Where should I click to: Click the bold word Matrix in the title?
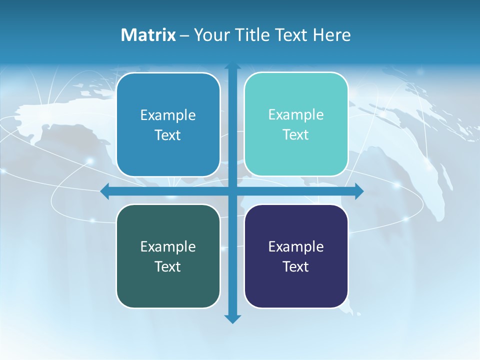(x=148, y=35)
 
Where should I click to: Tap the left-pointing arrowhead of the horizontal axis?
(x=105, y=191)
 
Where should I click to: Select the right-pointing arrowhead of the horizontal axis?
(x=359, y=191)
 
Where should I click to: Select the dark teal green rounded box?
(x=168, y=285)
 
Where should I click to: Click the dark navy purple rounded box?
(x=296, y=285)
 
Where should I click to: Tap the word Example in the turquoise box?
(x=296, y=115)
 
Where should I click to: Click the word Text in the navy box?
(x=296, y=266)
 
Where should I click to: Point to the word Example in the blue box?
(x=168, y=115)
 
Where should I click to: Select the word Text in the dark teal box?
(x=168, y=266)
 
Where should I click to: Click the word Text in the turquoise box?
(x=296, y=135)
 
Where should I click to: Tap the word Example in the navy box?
(x=296, y=246)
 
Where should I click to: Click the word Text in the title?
(x=291, y=35)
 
